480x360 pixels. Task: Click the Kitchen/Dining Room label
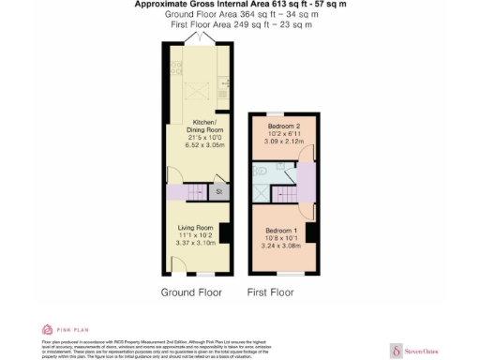click(204, 127)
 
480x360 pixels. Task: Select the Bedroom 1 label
click(281, 231)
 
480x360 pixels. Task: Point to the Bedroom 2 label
click(282, 125)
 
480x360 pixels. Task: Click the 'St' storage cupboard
click(218, 192)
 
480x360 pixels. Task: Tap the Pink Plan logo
click(58, 329)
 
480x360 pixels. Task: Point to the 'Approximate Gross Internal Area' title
click(239, 5)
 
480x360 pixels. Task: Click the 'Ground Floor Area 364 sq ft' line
click(239, 15)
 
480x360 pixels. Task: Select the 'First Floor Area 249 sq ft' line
click(241, 25)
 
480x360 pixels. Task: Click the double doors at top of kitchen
click(196, 37)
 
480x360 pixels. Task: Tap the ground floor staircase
click(193, 192)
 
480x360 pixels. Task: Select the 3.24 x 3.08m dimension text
click(282, 246)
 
